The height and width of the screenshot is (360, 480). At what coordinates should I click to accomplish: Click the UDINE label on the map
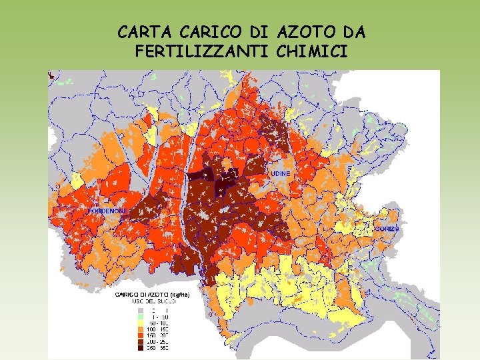point(281,173)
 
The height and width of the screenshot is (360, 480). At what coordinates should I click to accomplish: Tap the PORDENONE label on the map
point(108,211)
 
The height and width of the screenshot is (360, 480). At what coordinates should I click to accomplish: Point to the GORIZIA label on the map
point(387,229)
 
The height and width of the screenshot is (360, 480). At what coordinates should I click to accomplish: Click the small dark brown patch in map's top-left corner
point(51,76)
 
